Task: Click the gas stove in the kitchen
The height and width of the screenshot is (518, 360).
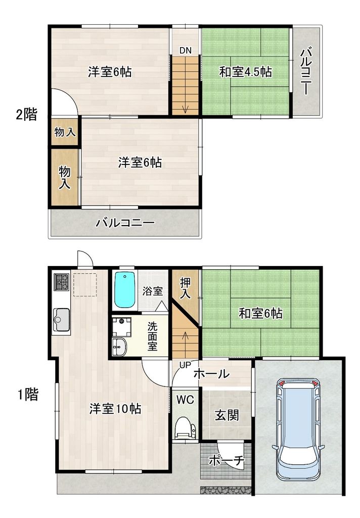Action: (x=62, y=282)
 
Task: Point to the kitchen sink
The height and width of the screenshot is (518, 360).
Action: (x=62, y=319)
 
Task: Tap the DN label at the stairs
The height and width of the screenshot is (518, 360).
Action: (x=185, y=50)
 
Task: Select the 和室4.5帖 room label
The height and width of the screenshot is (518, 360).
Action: (x=245, y=72)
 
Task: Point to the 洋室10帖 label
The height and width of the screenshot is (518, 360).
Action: (x=115, y=408)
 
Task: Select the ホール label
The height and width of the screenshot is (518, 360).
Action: (x=211, y=374)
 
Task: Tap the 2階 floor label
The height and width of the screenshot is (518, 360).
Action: (x=26, y=115)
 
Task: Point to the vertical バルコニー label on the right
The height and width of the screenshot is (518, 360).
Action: (x=306, y=71)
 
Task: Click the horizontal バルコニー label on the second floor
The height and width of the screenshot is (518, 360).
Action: (x=124, y=223)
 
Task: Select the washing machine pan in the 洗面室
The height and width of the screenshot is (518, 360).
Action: (x=121, y=326)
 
